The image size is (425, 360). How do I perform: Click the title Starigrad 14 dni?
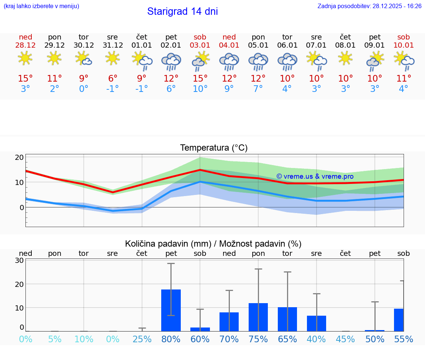point(182,11)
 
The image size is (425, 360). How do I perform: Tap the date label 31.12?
point(113,45)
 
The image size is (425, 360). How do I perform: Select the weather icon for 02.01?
point(171,61)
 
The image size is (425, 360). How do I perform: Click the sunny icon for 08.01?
point(345,58)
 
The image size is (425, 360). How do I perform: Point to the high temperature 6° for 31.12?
point(113,79)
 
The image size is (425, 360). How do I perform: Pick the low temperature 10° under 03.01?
point(200,89)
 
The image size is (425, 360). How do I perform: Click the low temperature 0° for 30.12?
point(84,89)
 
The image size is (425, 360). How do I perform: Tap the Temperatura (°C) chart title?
point(214,148)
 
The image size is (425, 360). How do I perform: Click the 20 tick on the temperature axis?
point(20,157)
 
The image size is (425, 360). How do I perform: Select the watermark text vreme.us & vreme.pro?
point(315,176)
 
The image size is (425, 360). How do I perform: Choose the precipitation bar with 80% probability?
point(171,310)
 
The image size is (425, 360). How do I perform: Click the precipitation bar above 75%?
point(258,317)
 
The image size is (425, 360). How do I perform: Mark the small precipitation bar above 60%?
point(200,329)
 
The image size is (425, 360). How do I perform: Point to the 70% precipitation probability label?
point(229,339)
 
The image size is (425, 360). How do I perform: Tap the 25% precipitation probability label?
point(142,339)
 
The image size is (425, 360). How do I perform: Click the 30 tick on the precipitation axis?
point(20,260)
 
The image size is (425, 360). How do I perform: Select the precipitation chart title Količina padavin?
point(213,244)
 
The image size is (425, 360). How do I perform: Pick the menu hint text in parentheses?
point(41,6)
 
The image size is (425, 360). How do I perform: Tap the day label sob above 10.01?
point(404,37)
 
